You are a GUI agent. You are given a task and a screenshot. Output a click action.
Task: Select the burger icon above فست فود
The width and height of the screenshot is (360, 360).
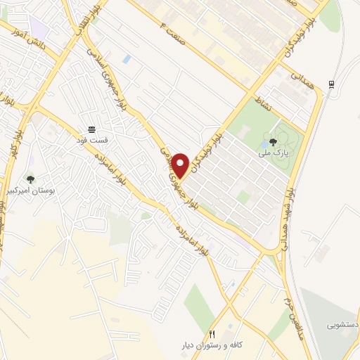coord(91,129)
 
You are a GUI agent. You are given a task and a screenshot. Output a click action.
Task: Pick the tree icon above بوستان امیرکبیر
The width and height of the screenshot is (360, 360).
coord(30,179)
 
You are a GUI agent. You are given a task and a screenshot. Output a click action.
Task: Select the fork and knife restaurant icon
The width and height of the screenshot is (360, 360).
coord(211,333)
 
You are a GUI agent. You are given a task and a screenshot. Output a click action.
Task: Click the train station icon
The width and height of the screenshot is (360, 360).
coord(331,85)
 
